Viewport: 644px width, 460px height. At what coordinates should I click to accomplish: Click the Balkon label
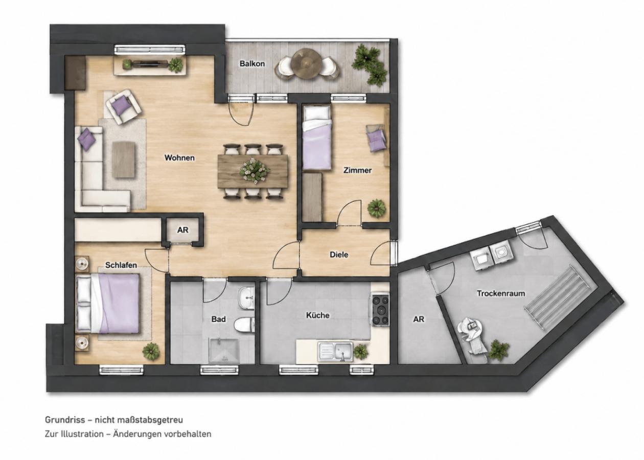(x=252, y=63)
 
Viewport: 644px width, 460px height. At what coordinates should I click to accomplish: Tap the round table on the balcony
(x=306, y=63)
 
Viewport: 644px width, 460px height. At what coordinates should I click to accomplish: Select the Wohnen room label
(x=179, y=157)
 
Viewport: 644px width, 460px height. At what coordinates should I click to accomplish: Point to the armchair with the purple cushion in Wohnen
(x=123, y=107)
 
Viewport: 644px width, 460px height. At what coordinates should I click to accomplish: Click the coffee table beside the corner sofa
(x=124, y=160)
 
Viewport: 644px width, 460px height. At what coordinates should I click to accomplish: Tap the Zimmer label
(x=357, y=170)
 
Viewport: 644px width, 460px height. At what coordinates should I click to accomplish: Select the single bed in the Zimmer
(x=318, y=137)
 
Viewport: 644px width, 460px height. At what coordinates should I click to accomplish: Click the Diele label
(x=339, y=255)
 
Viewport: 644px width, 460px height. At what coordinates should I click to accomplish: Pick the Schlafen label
(x=121, y=265)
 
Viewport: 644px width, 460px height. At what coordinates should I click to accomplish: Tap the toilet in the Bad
(x=244, y=326)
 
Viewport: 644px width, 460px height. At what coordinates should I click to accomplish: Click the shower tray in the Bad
(x=224, y=351)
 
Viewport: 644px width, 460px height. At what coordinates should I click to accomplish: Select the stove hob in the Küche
(x=380, y=310)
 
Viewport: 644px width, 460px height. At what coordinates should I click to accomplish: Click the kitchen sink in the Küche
(x=335, y=352)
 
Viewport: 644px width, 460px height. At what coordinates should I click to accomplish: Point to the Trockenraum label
(x=501, y=293)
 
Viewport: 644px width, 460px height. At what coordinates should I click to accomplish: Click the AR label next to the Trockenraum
(x=419, y=319)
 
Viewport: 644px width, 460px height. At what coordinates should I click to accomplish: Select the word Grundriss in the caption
(x=65, y=420)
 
